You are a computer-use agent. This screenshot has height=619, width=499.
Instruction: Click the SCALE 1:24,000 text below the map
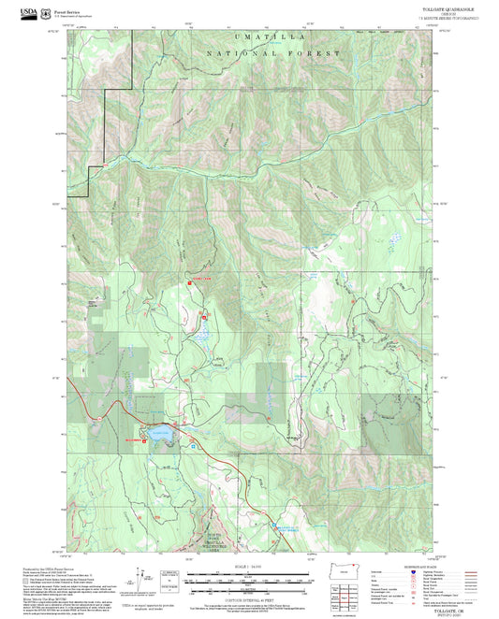click(249, 567)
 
